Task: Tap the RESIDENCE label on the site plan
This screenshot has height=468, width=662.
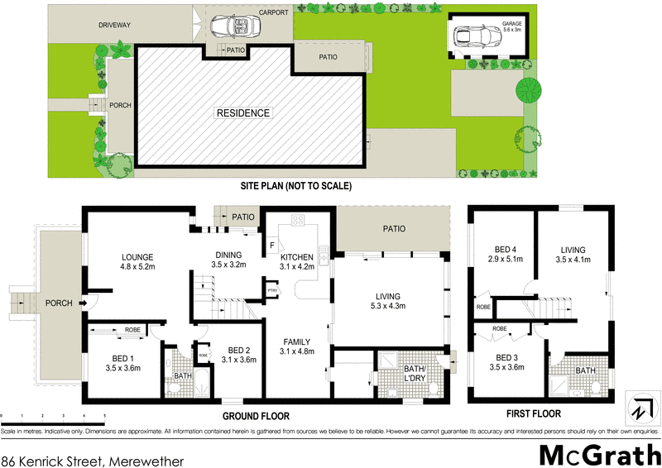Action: [243, 113]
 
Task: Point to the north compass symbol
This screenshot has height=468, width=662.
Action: [639, 409]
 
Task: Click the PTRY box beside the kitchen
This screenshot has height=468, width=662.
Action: [271, 290]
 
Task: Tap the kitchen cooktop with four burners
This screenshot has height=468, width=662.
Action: [298, 221]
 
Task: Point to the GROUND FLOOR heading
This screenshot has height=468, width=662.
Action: [256, 415]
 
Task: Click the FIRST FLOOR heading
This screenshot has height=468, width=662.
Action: [534, 414]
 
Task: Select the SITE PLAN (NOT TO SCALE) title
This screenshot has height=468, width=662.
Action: [295, 187]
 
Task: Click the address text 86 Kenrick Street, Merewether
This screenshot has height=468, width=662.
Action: [93, 454]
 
